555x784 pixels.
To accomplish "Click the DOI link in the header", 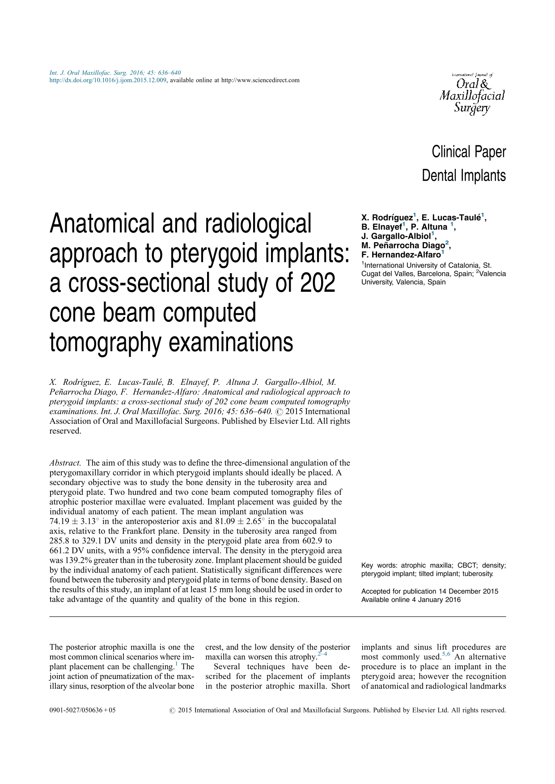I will [108, 80].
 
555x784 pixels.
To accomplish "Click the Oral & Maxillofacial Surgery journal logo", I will [472, 94].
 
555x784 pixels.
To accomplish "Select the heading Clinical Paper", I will [468, 152].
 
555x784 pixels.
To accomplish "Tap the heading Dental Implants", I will [463, 176].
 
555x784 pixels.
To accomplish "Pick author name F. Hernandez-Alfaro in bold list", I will [401, 255].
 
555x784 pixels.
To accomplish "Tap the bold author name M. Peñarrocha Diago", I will [403, 245].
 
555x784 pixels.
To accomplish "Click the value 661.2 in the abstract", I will [60, 551].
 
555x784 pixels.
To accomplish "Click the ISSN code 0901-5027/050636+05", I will [82, 710].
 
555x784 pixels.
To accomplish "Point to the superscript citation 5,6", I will [446, 654].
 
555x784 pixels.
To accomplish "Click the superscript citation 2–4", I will [322, 654].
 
